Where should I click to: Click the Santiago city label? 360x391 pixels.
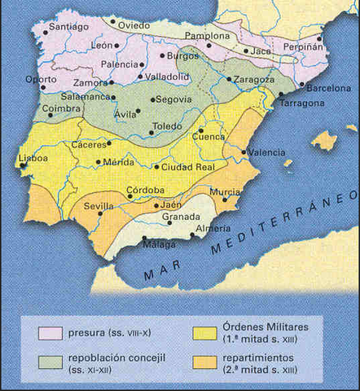[68, 26]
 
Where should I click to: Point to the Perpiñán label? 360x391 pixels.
[304, 49]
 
